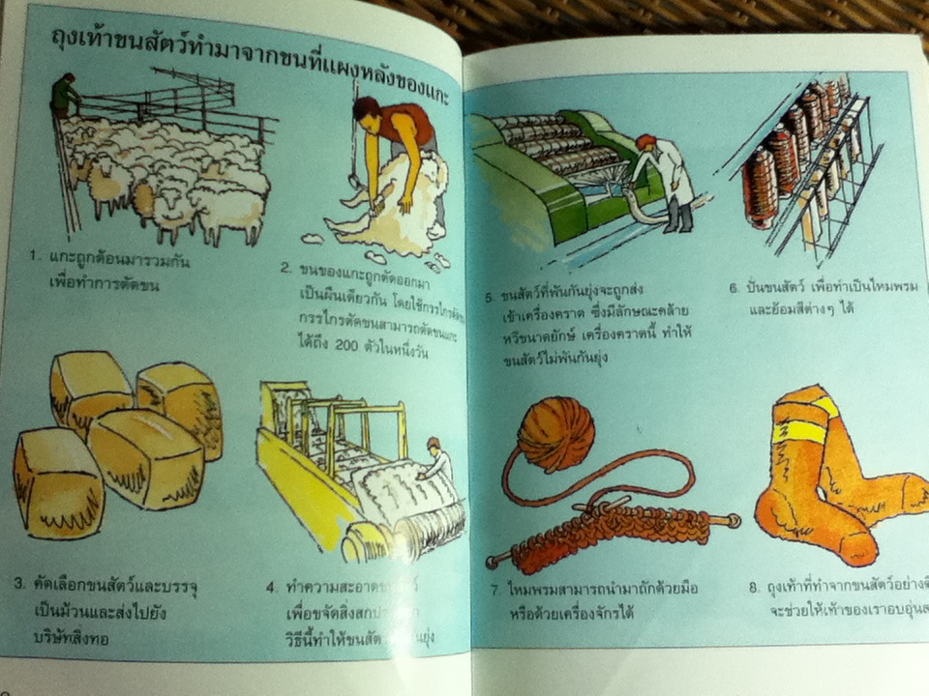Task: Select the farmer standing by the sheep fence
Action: click(x=65, y=97)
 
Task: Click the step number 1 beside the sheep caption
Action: click(x=32, y=258)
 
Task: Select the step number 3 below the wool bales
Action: click(x=19, y=583)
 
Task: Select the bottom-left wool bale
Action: click(x=57, y=484)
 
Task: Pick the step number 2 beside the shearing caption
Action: click(x=286, y=268)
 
